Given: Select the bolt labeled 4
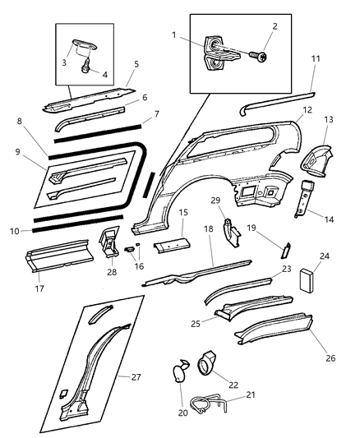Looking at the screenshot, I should pos(85,70).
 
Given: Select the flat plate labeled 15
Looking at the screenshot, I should pos(172,243).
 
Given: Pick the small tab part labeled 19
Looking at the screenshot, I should pos(287,252).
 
